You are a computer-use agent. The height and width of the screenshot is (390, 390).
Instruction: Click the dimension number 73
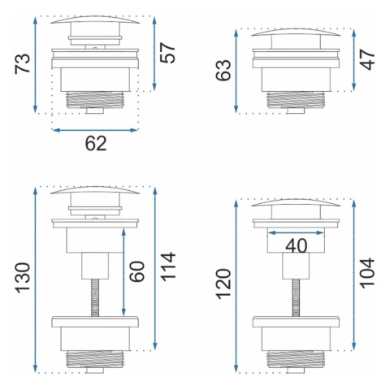(x=23, y=63)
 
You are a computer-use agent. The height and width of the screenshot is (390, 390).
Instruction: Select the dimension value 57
(x=168, y=53)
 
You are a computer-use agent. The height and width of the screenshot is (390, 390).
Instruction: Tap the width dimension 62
(x=96, y=144)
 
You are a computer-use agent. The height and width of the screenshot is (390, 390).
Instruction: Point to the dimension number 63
(x=223, y=70)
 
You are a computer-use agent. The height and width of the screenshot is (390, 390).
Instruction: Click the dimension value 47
(x=367, y=59)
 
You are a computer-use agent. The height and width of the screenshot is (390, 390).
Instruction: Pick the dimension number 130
(x=23, y=278)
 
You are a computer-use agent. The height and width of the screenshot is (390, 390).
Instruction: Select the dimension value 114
(x=168, y=266)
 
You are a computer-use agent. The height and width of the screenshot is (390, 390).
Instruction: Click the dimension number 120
(x=224, y=284)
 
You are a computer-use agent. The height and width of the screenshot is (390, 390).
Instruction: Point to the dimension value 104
(x=367, y=272)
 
